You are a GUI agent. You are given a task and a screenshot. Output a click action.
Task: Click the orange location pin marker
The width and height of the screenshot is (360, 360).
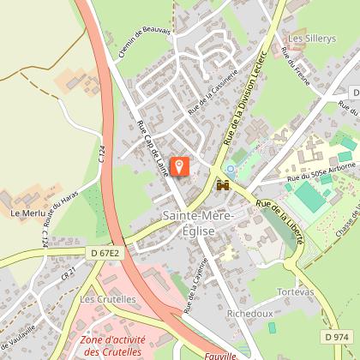click(x=180, y=165)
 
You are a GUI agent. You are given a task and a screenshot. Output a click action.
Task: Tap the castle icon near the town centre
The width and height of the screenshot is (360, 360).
click(x=224, y=183)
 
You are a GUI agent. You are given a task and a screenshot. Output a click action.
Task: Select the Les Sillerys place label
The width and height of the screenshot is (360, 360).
click(x=309, y=39)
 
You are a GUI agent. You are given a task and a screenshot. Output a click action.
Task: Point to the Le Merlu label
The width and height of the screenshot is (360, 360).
click(x=27, y=211)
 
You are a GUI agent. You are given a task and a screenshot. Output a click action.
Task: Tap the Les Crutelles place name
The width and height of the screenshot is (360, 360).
click(x=108, y=300)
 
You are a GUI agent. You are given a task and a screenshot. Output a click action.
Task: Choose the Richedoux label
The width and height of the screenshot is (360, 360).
click(x=249, y=314)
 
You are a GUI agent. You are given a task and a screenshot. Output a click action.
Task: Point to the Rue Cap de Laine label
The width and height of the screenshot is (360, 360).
click(x=153, y=147)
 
